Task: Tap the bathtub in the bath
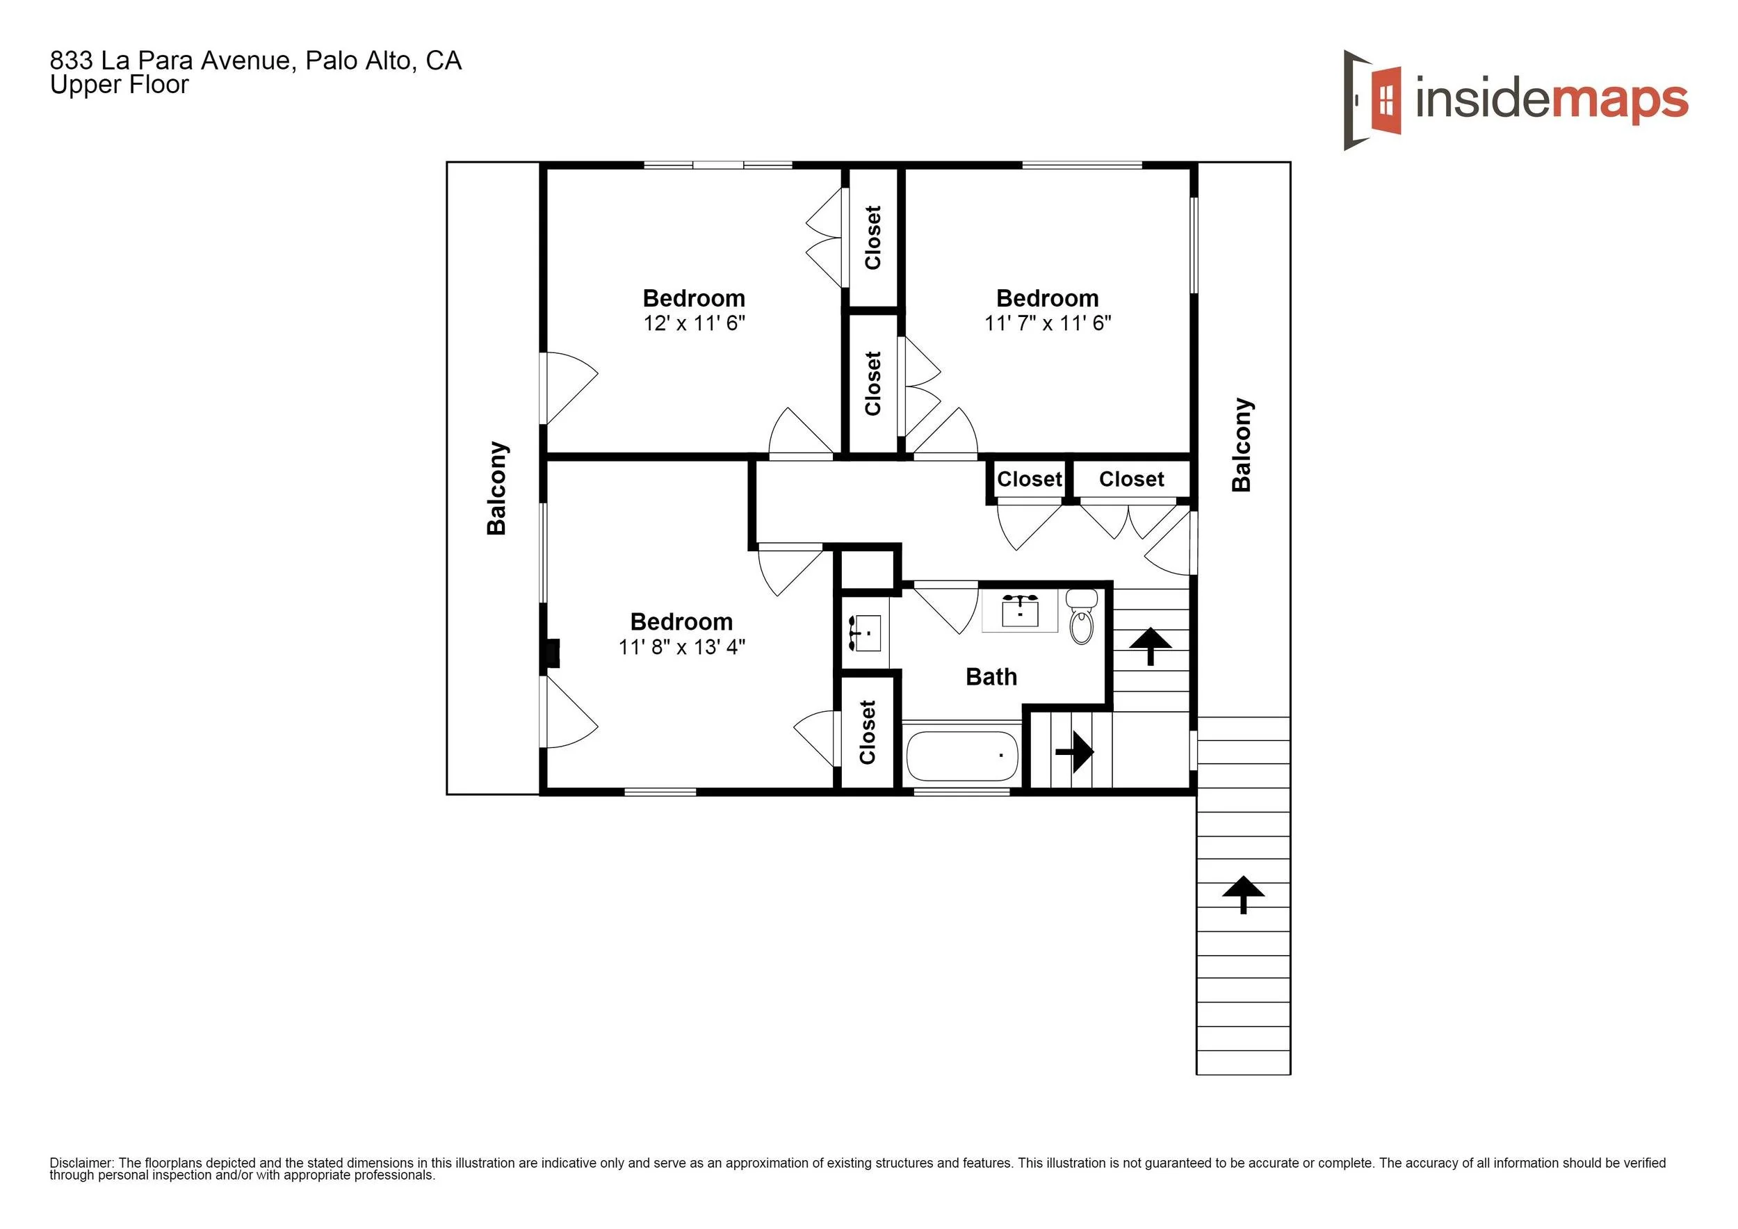[x=962, y=755]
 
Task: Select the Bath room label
[x=991, y=676]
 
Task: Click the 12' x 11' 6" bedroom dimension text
[x=694, y=323]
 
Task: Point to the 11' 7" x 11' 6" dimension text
[x=1048, y=323]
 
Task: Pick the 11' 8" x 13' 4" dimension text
[x=681, y=647]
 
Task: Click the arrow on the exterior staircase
[x=1243, y=894]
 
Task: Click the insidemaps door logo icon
[x=1372, y=101]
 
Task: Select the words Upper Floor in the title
[x=119, y=85]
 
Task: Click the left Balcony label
[x=496, y=488]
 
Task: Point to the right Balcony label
[x=1242, y=445]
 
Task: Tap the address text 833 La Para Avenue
[x=170, y=60]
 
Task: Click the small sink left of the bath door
[x=866, y=633]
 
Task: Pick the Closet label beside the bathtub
[x=868, y=732]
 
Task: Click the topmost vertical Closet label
[x=872, y=238]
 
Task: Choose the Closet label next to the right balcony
[x=1131, y=479]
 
